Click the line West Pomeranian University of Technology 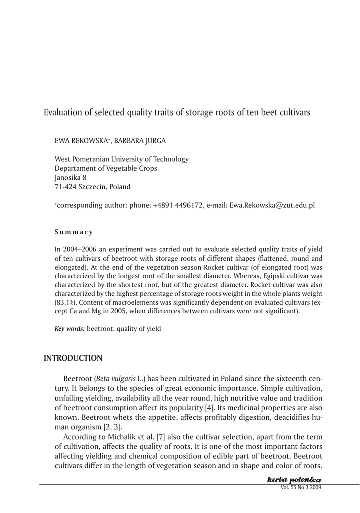pyautogui.click(x=121, y=159)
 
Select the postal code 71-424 pyautogui.click(x=66, y=187)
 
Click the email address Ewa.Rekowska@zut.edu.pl pyautogui.click(x=272, y=206)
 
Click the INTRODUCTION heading pyautogui.click(x=73, y=358)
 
